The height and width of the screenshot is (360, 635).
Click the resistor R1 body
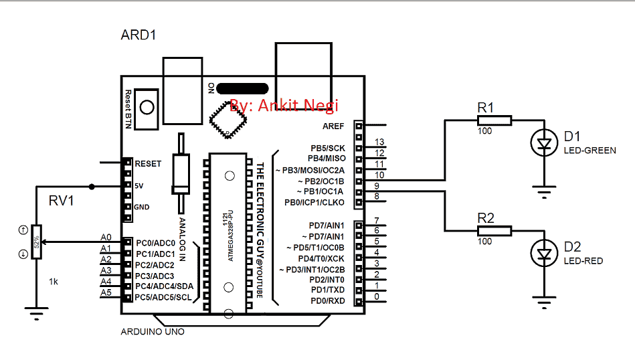494,120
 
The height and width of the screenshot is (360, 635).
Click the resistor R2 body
494,231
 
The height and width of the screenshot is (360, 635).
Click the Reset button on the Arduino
147,106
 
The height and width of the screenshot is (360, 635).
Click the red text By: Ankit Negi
284,105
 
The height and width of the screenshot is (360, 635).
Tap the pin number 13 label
379,143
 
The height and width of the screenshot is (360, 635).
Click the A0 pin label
106,238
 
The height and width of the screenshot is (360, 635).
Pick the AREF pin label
333,125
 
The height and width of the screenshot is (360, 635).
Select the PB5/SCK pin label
327,147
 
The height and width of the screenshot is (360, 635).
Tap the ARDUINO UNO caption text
153,332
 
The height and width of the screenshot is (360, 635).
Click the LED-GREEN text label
589,151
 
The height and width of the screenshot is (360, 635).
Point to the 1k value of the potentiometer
54,282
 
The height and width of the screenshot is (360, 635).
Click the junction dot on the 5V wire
92,186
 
